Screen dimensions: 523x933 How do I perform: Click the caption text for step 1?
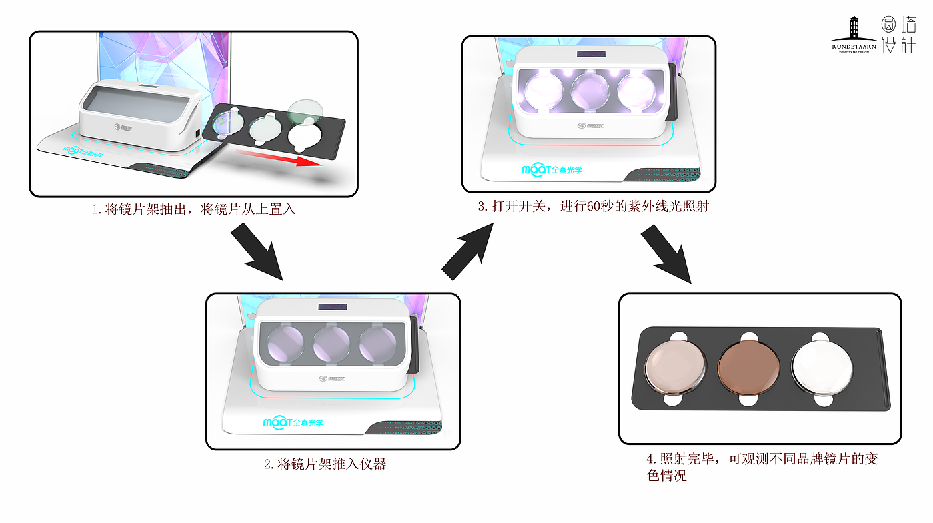pos(193,209)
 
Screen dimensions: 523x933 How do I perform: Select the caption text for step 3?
pos(593,207)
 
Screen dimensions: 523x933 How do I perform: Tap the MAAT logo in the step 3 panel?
pos(552,170)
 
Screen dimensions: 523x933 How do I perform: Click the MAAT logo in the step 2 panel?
pos(294,422)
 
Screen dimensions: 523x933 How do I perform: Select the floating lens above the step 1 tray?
pos(306,107)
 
